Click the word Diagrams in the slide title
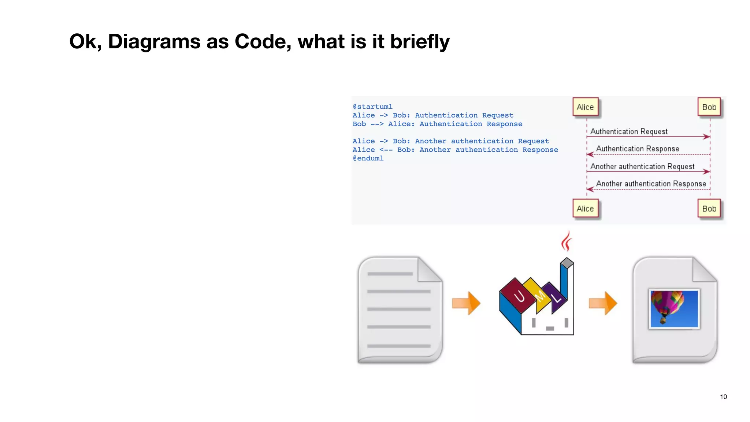point(154,41)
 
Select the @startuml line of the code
point(372,107)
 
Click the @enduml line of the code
point(368,158)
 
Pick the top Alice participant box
point(585,107)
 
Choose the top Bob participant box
point(709,107)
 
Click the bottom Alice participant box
point(585,209)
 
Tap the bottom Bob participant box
point(709,209)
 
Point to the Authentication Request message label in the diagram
point(629,132)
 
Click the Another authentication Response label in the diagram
point(651,184)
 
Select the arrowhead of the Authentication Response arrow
point(590,154)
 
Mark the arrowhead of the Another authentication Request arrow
point(707,171)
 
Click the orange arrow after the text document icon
point(466,303)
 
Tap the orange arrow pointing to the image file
point(603,303)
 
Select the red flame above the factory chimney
point(567,241)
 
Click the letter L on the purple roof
point(557,298)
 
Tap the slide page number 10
point(723,397)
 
